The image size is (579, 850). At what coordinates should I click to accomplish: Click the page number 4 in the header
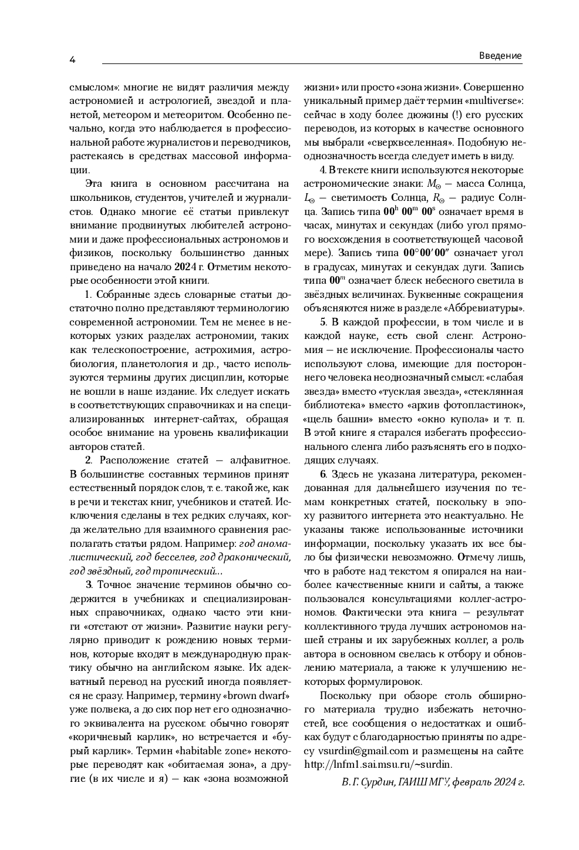coord(72,59)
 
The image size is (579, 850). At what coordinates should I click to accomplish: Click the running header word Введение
coord(500,56)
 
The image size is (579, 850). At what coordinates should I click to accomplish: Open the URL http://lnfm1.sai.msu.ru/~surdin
coord(378,764)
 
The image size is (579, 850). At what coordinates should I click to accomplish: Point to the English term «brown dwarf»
coord(256,696)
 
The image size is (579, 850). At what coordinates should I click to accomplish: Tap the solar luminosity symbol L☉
coord(309,198)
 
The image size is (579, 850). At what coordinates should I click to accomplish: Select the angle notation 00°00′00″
coord(434,253)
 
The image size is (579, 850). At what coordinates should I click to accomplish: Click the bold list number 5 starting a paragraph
coord(323,322)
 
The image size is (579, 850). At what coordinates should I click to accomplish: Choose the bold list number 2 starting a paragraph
coord(89,460)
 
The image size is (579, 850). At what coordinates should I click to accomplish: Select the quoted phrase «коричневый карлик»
coord(112,737)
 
